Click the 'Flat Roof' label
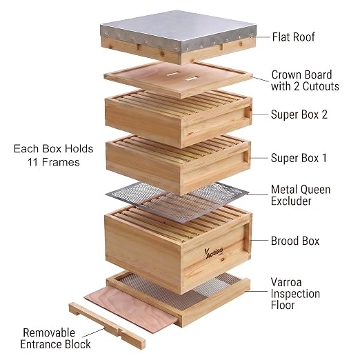click(293, 37)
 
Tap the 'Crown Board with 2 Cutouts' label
click(305, 81)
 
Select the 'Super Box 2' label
click(299, 114)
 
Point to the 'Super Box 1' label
click(299, 158)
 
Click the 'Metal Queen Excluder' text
click(301, 195)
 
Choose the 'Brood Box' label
click(295, 241)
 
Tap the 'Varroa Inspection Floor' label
click(295, 294)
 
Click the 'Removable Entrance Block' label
click(55, 339)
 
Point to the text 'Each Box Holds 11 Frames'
click(54, 155)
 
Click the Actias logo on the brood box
click(214, 252)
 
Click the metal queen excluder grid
click(177, 202)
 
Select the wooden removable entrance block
click(107, 325)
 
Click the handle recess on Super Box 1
click(246, 157)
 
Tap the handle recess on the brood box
click(247, 239)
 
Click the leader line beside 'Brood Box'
click(259, 240)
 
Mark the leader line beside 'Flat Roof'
click(263, 37)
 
